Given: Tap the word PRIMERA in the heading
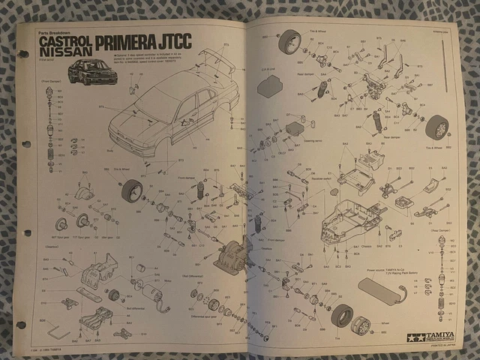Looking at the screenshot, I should pos(129,44).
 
